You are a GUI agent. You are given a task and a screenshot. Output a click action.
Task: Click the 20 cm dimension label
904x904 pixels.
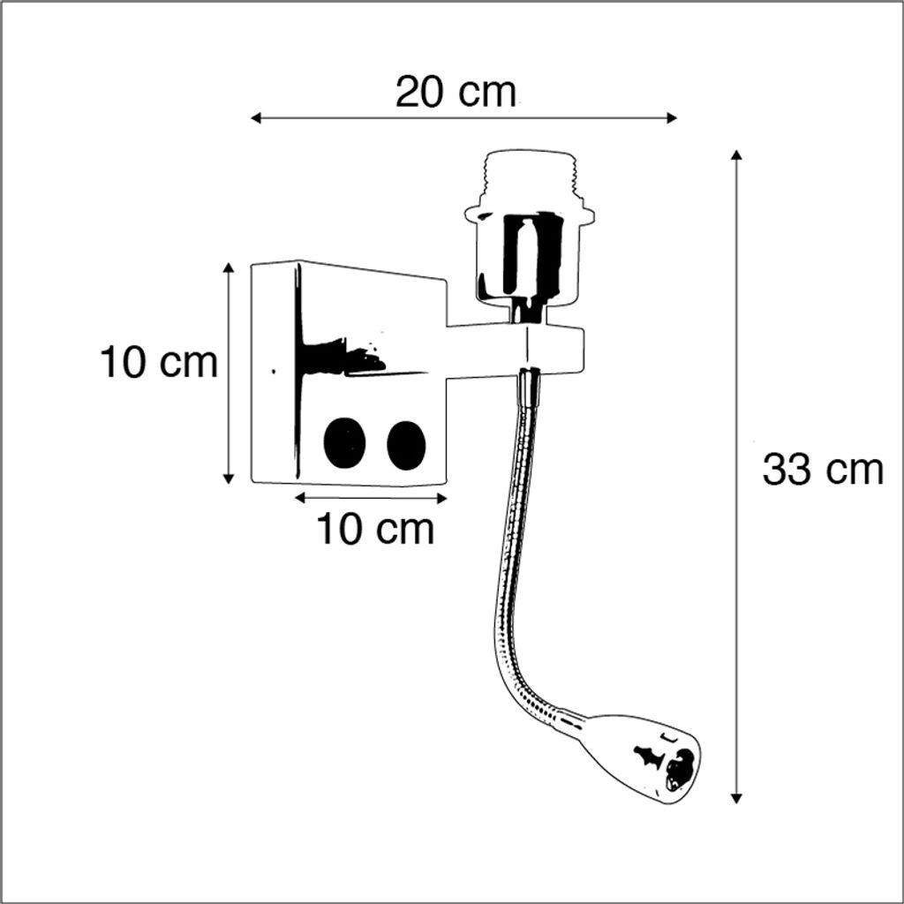[x=456, y=92]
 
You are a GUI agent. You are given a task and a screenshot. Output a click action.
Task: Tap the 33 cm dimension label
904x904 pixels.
[x=823, y=470]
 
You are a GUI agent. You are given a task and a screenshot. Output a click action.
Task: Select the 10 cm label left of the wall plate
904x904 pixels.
[x=159, y=363]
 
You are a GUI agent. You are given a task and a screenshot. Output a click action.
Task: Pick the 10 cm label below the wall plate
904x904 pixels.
[x=375, y=530]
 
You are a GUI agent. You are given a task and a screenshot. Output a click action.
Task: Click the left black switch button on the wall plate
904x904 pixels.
[x=345, y=442]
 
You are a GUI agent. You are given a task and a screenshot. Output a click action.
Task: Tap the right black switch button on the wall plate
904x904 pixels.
[x=406, y=445]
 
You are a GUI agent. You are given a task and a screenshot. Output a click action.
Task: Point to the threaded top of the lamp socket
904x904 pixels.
[x=531, y=177]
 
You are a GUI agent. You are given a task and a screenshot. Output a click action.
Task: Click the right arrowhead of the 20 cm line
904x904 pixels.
[x=671, y=118]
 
